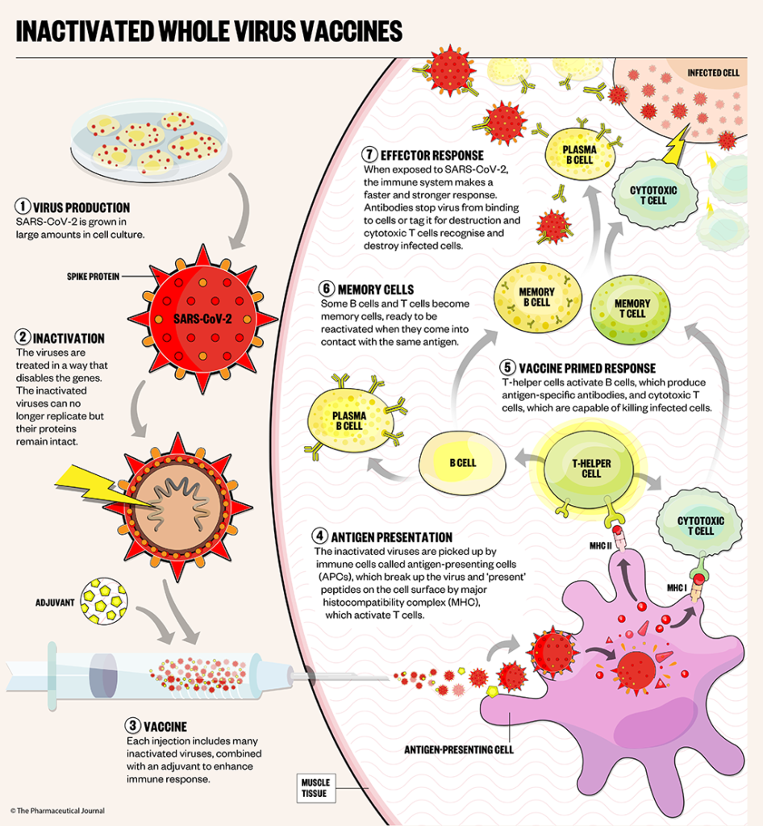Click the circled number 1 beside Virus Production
(23, 206)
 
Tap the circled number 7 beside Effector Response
(369, 155)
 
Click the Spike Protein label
(94, 277)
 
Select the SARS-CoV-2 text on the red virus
(202, 317)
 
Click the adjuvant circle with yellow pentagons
(105, 600)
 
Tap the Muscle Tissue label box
(315, 787)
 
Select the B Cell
(462, 463)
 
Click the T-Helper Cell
(590, 469)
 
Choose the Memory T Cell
(631, 309)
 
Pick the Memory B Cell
(536, 297)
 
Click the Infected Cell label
(713, 73)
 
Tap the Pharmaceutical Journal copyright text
(57, 810)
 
